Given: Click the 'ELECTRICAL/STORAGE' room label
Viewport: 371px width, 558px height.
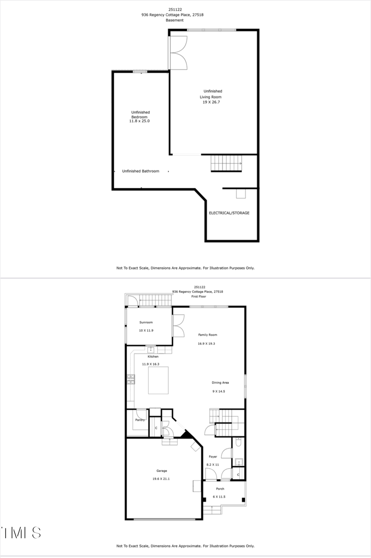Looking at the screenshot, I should (229, 213).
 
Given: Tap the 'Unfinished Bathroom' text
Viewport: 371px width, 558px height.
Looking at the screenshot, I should (141, 171).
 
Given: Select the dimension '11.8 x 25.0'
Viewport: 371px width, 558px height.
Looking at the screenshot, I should (139, 121).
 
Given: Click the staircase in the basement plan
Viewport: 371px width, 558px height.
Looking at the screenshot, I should (226, 163).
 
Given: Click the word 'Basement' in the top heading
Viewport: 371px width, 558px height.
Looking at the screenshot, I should (175, 20).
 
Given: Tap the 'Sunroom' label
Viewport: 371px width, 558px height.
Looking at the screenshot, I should (146, 322).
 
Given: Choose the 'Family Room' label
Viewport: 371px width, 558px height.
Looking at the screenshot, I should (208, 335).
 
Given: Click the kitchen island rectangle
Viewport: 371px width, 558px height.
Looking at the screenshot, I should (158, 379).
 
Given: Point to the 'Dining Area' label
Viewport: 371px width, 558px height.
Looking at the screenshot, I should (220, 382).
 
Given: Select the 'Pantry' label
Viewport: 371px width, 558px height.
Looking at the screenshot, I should (140, 420).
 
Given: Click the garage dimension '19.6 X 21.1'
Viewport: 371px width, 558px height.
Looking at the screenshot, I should (161, 479).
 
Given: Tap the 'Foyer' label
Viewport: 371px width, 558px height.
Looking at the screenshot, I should (212, 457).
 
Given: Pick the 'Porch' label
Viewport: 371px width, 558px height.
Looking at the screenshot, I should (220, 489).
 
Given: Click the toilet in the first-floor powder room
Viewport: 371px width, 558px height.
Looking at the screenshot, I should (238, 443).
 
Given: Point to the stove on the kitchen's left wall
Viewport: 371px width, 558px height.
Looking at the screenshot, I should (131, 380).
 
